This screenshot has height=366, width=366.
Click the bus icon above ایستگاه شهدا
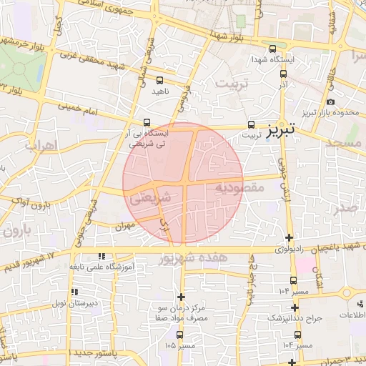[x=272, y=49]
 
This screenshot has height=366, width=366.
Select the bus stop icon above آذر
[x=284, y=73]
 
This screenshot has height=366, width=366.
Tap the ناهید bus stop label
[x=158, y=91]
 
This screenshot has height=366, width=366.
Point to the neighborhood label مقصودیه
[x=239, y=187]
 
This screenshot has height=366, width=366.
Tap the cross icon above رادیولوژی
[x=289, y=238]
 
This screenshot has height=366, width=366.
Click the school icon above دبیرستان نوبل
[x=74, y=293]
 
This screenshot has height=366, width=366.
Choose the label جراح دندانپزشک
[x=295, y=317]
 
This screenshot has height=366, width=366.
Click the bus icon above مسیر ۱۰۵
[x=179, y=334]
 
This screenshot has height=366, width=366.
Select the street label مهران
[x=124, y=225]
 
